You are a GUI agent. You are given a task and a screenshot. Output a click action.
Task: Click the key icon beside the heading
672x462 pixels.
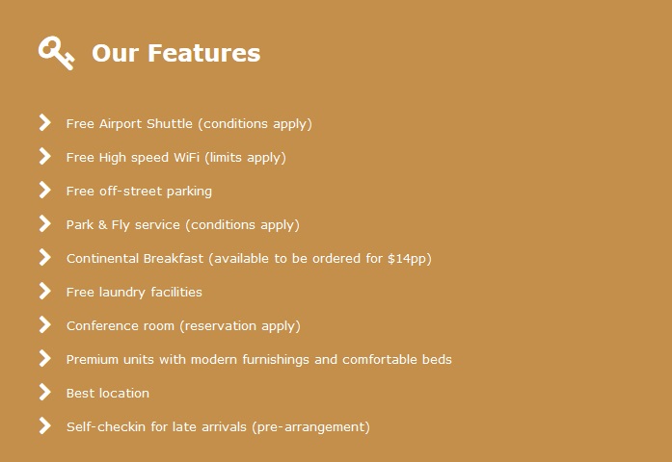[x=56, y=53]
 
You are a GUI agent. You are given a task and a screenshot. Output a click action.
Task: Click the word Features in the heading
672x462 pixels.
[x=204, y=53]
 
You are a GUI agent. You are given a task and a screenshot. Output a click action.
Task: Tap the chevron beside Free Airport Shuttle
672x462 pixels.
[x=44, y=122]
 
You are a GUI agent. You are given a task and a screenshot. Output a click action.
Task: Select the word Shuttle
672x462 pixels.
[x=170, y=123]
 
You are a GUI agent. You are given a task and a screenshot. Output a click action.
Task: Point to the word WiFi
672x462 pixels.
[x=186, y=158]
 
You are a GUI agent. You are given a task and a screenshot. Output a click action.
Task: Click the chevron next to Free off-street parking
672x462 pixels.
[x=44, y=190]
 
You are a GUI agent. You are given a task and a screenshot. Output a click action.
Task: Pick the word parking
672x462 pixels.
[x=189, y=192]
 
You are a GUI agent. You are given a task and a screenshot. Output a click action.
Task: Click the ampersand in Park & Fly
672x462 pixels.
[x=102, y=224]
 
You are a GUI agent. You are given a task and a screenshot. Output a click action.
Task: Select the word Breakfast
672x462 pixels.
[x=174, y=258]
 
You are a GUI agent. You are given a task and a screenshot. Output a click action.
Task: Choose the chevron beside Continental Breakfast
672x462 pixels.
[x=44, y=257]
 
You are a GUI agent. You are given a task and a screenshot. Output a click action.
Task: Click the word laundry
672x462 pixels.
[x=122, y=293]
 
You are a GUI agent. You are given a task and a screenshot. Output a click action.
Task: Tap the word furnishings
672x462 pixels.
[x=276, y=360]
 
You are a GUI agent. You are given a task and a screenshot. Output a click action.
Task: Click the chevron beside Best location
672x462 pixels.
[x=44, y=392]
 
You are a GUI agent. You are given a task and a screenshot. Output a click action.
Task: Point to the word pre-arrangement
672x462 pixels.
[x=310, y=427]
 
